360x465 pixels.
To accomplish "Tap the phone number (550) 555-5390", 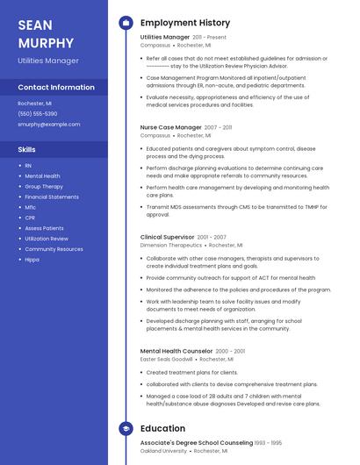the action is pyautogui.click(x=38, y=113).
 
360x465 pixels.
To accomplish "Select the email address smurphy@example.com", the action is pyautogui.click(x=49, y=125).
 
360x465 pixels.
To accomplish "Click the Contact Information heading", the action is pyautogui.click(x=56, y=88).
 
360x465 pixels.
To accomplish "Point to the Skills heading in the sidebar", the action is pyautogui.click(x=27, y=149).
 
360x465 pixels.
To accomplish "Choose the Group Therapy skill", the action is pyautogui.click(x=44, y=187).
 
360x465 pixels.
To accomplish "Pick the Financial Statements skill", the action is pyautogui.click(x=52, y=197).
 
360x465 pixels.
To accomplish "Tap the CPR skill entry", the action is pyautogui.click(x=30, y=218).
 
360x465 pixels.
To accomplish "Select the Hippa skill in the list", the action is pyautogui.click(x=32, y=260).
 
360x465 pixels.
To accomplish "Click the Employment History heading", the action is pyautogui.click(x=185, y=23).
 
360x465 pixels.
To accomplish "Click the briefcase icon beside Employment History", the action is pyautogui.click(x=126, y=23).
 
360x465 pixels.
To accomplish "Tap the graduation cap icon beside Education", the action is pyautogui.click(x=126, y=429).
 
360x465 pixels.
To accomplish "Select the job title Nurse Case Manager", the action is pyautogui.click(x=170, y=127).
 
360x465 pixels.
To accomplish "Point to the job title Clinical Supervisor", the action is pyautogui.click(x=167, y=237).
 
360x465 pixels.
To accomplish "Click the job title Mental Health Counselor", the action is pyautogui.click(x=175, y=351).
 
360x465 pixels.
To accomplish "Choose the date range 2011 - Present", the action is pyautogui.click(x=209, y=38).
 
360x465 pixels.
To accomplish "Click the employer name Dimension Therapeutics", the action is pyautogui.click(x=170, y=246).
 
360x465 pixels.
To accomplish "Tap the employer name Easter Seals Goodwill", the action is pyautogui.click(x=166, y=359).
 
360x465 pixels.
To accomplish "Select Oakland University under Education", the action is pyautogui.click(x=164, y=451).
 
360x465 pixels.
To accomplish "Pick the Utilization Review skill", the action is pyautogui.click(x=47, y=239).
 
